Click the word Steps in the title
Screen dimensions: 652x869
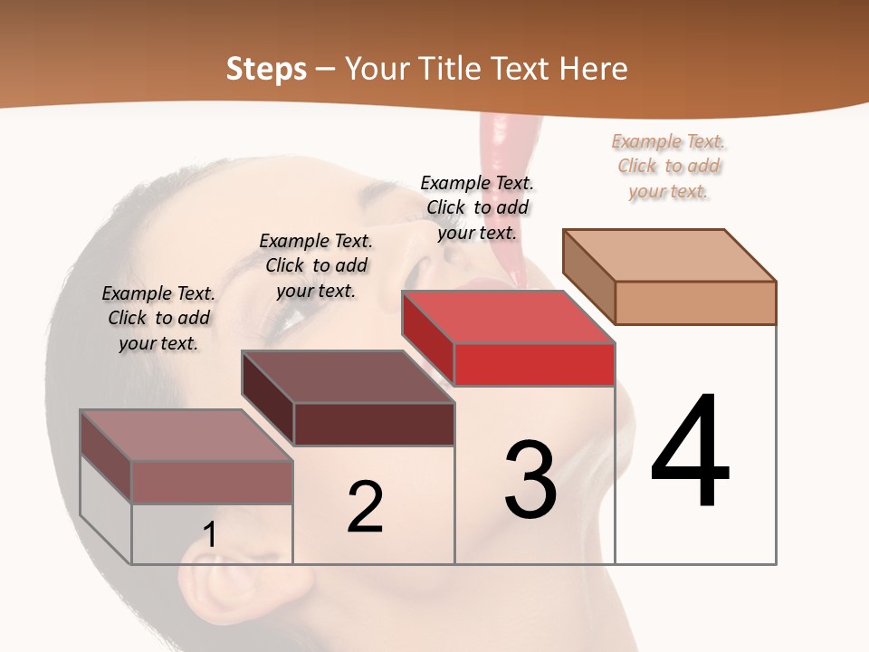pos(266,69)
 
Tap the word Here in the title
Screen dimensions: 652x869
pos(593,69)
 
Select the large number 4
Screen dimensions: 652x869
pos(690,453)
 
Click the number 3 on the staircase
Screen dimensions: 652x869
pos(530,480)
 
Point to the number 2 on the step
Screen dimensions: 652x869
pos(365,507)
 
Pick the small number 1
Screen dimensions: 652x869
pos(209,534)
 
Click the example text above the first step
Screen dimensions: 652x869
pos(158,318)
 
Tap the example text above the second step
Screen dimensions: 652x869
pos(316,265)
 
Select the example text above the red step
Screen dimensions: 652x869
pos(477,207)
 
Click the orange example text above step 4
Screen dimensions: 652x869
pos(669,166)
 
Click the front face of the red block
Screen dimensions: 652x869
pos(534,365)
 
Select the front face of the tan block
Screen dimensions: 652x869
pos(695,302)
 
